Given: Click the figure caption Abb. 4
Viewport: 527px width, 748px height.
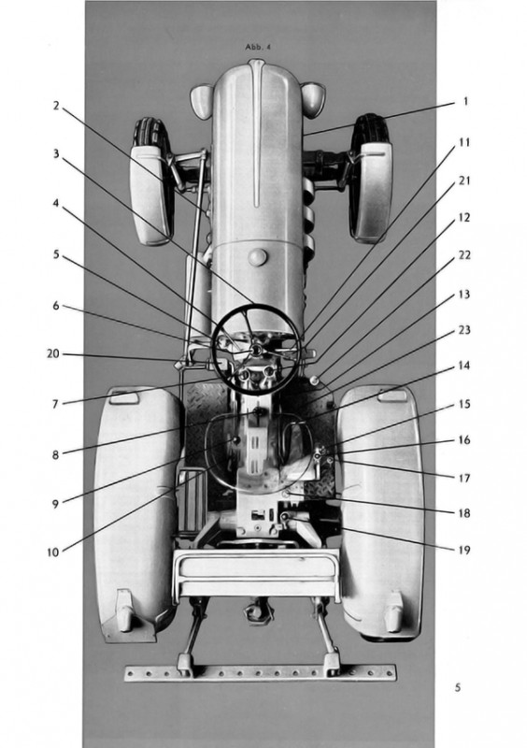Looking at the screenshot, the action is [258, 47].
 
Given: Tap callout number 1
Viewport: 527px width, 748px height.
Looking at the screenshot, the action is [465, 102].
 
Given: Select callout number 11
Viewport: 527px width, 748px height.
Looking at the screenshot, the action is [464, 142].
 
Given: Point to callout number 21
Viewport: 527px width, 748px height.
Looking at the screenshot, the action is [464, 180].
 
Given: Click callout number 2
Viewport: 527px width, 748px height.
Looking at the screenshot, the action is [56, 106].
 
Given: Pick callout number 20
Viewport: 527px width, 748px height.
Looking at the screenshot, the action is [53, 353].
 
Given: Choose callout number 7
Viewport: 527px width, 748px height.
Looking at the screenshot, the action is [56, 404].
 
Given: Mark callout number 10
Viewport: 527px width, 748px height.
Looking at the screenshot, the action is [53, 553].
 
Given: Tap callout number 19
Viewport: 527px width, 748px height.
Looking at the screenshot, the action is [464, 550].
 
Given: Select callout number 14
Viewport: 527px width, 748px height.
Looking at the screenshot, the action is [464, 366].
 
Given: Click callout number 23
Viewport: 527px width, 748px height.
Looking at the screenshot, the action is [464, 330].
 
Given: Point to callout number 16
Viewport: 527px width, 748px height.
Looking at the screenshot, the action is [464, 439].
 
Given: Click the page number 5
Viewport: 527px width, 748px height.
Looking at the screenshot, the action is [458, 687].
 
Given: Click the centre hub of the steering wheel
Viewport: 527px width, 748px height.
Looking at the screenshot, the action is [256, 351].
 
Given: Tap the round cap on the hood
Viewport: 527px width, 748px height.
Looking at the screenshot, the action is [258, 258].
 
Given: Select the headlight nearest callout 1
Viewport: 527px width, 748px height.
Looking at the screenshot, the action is [313, 99].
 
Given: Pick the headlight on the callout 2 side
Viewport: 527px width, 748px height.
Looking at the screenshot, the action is [202, 102].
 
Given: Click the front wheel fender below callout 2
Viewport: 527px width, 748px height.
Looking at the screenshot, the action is [150, 194].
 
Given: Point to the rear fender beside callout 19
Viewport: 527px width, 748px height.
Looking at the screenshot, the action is [381, 512].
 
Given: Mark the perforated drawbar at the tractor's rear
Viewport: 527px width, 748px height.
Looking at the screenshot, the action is [261, 673].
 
